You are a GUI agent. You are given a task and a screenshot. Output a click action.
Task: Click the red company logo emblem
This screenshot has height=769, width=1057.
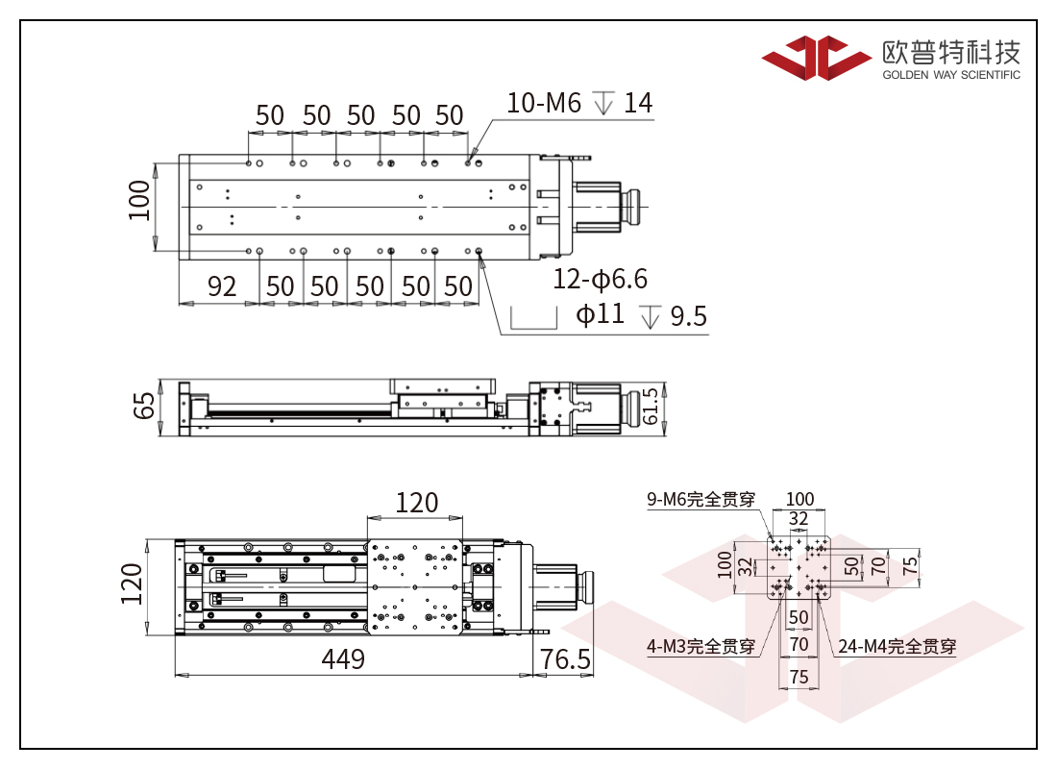tap(816, 58)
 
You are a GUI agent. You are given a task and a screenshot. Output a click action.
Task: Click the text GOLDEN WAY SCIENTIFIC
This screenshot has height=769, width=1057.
tap(951, 75)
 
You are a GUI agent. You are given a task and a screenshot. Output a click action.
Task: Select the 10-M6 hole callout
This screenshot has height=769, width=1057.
tap(543, 103)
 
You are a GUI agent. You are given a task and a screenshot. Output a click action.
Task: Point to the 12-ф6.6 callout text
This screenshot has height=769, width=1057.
tap(600, 279)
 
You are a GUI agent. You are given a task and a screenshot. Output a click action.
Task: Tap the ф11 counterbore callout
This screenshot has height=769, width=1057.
tap(600, 313)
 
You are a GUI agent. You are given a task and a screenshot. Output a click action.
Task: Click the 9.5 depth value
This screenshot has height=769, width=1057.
tap(688, 315)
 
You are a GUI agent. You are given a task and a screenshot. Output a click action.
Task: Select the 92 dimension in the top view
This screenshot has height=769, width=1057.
tap(222, 286)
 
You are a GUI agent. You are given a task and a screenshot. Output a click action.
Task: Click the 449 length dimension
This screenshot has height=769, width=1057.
tap(343, 659)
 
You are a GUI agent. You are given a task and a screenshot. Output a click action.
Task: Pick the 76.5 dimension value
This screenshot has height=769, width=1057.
tap(566, 659)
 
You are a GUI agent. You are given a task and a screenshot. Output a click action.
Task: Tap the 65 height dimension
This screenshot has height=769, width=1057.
tap(144, 406)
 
